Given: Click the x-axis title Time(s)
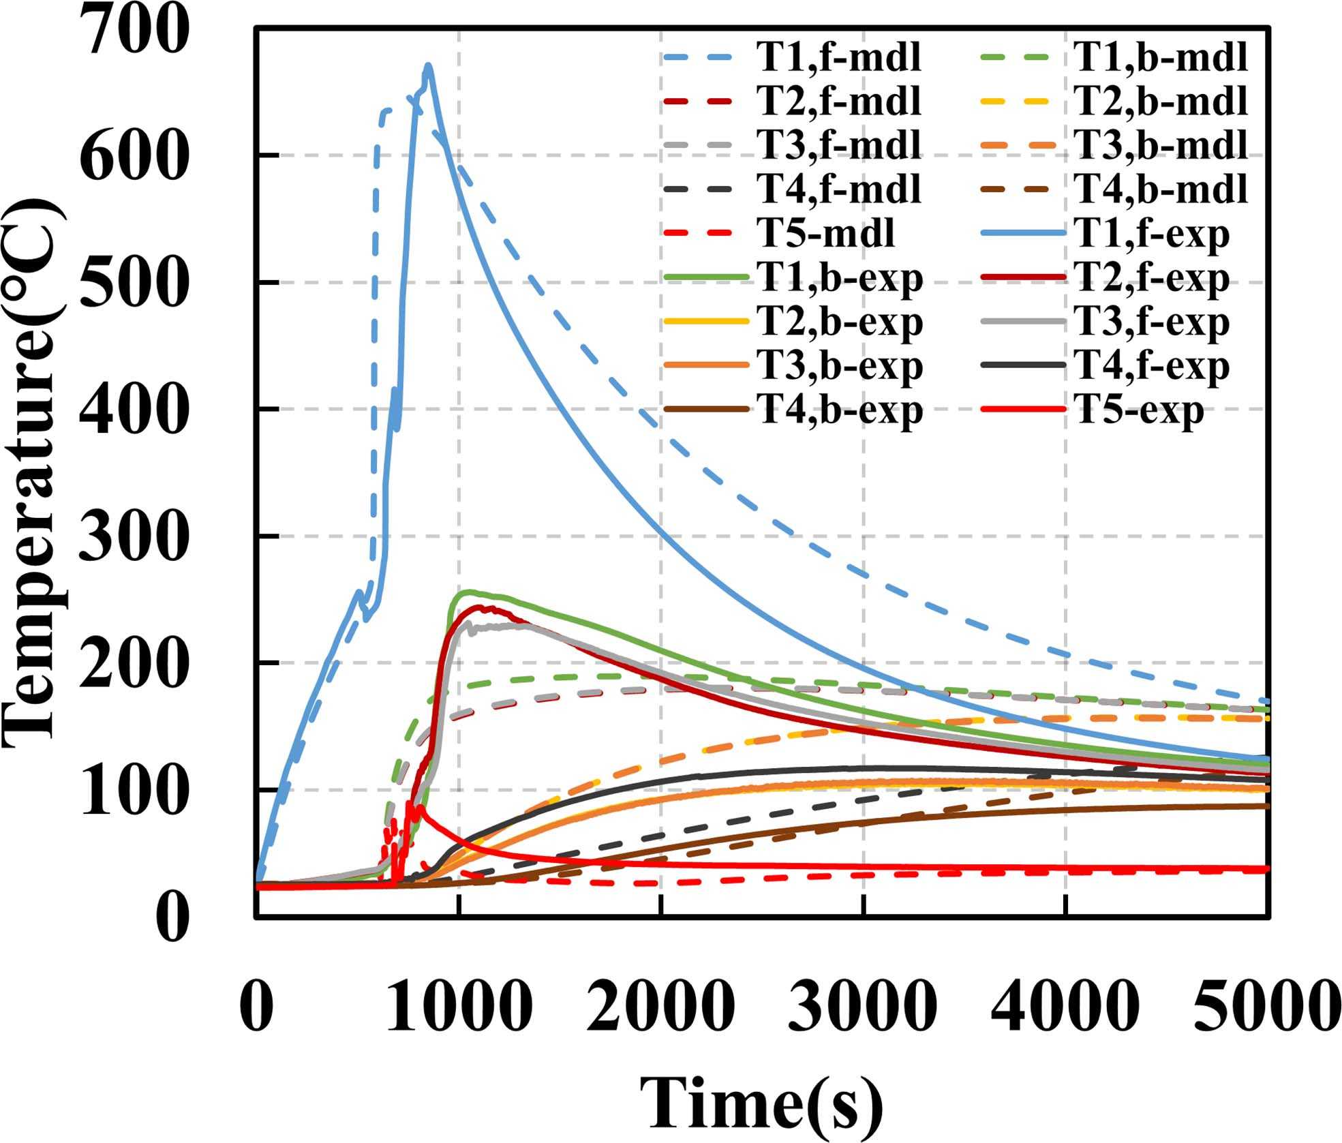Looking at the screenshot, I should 760,1101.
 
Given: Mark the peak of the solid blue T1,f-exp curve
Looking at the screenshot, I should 428,66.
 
